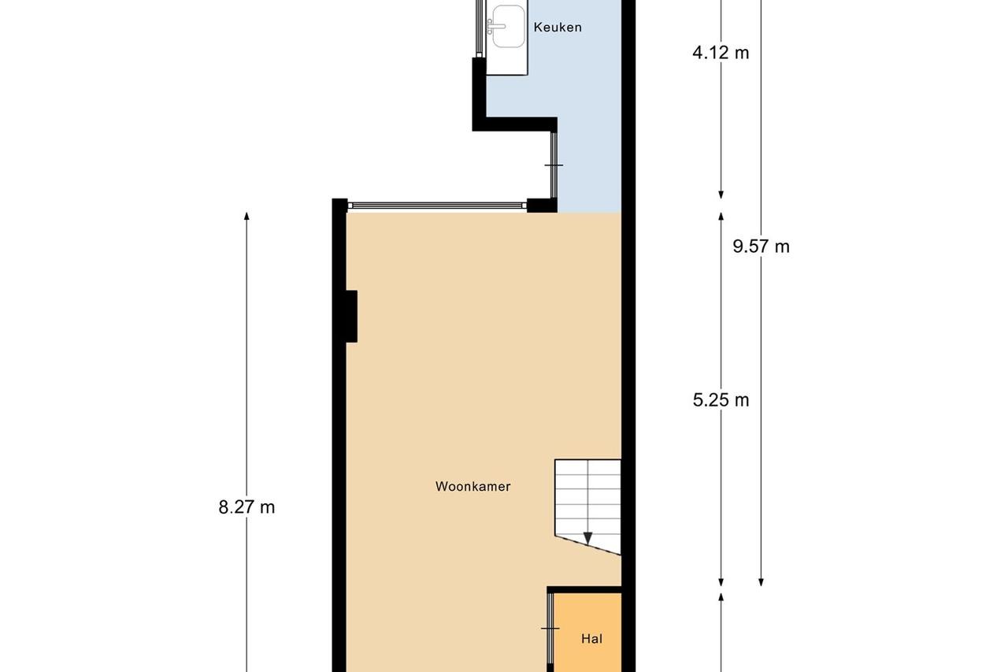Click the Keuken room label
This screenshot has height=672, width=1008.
[558, 28]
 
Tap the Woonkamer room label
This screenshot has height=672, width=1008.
[473, 487]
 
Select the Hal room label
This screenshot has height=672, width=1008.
[591, 639]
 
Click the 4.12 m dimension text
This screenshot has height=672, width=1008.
[721, 53]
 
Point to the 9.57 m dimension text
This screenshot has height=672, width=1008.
[761, 247]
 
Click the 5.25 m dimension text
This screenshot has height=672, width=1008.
[721, 400]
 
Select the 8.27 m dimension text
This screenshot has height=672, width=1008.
[246, 507]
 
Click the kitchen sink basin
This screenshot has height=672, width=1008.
[509, 26]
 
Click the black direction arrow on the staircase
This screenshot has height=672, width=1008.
[587, 538]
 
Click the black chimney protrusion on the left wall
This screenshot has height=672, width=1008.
[351, 317]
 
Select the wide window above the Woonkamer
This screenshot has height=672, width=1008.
[437, 206]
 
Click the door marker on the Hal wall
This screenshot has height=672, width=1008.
[550, 629]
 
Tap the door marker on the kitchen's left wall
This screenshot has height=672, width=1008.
[554, 165]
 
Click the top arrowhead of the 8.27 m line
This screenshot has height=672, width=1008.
[246, 216]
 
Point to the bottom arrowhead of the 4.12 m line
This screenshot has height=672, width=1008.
[721, 195]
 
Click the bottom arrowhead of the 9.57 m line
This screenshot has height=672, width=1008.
[761, 582]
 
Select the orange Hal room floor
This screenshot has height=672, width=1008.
[587, 633]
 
